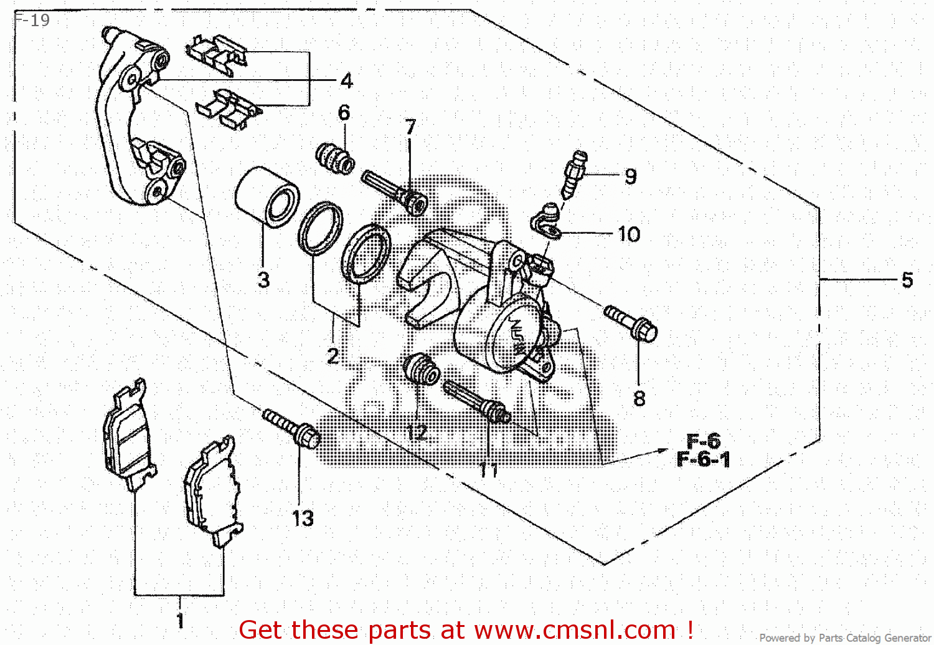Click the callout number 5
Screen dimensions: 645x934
pos(907,280)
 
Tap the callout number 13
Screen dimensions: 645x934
pos(303,518)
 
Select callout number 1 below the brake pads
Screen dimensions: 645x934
pos(180,620)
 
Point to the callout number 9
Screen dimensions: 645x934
pos(630,176)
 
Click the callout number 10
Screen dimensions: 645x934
pos(629,234)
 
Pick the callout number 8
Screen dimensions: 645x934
pos(639,398)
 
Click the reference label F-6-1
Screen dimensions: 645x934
pos(703,460)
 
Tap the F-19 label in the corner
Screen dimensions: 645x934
pos(32,20)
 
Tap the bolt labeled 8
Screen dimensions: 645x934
pos(630,322)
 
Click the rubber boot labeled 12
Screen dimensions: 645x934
pos(422,369)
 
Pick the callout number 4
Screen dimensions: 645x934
pos(347,80)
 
